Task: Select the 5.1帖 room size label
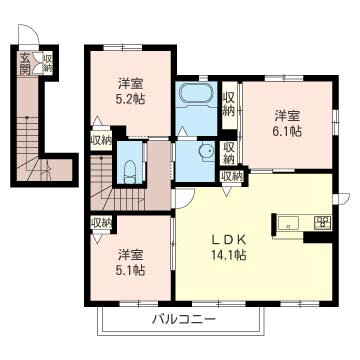130,269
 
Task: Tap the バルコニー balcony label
184,320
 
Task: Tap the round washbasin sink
205,153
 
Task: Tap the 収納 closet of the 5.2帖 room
100,140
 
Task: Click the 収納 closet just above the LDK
231,176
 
